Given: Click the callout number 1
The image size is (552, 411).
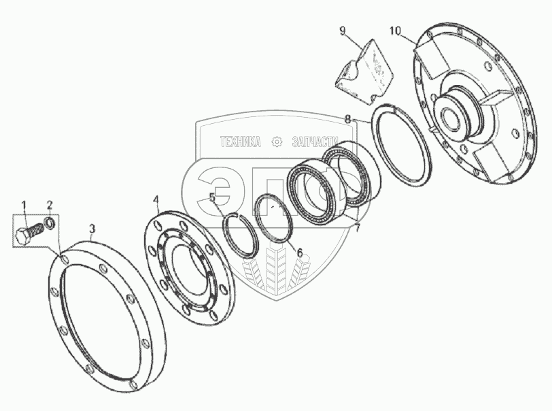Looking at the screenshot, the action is (x=24, y=205).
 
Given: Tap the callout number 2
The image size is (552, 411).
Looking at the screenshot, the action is (x=50, y=205).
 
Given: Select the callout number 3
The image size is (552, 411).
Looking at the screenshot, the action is (x=92, y=229).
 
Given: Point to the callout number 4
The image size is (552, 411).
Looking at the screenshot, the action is (x=156, y=200).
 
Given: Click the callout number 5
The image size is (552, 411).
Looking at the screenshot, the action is (x=212, y=197).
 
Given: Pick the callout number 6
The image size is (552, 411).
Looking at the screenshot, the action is (x=300, y=252).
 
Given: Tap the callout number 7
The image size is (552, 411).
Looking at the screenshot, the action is (x=358, y=228).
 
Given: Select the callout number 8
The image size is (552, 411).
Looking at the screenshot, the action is (x=348, y=119).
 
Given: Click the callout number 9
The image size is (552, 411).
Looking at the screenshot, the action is (x=343, y=31).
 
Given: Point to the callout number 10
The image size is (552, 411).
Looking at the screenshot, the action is (x=396, y=31).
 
